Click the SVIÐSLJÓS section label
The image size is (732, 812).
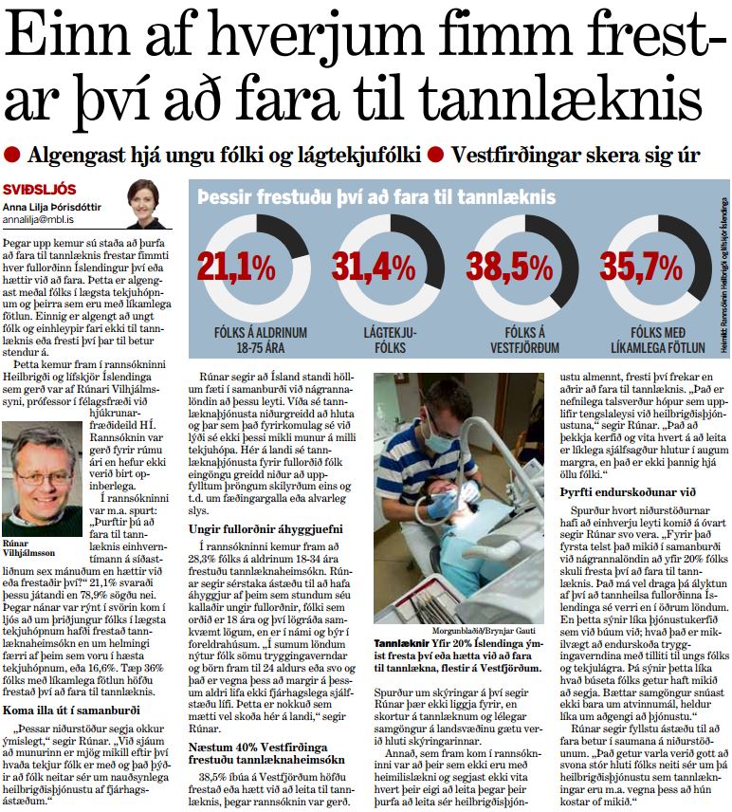[33, 189]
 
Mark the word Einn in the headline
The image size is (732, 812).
[71, 39]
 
